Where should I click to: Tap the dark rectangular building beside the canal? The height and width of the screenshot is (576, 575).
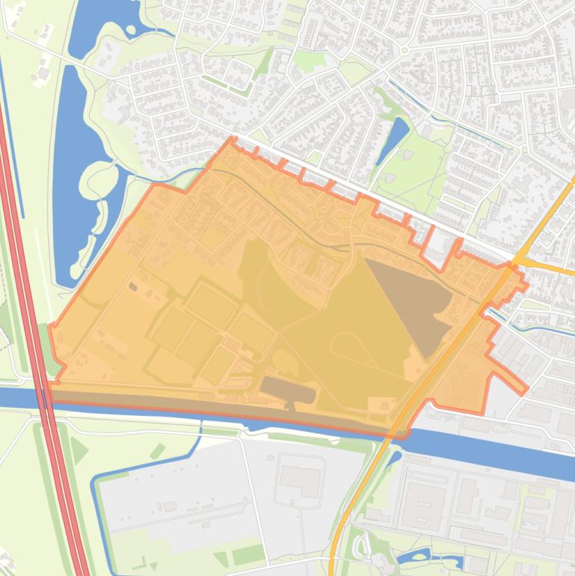coord(288,390)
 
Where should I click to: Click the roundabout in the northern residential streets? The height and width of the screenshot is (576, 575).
coord(405,50)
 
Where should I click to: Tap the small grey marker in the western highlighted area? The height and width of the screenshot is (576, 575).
coord(133,287)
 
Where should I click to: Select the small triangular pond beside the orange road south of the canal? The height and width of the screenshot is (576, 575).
coord(394,456)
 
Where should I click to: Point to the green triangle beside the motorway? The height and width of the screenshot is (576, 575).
coord(78,450)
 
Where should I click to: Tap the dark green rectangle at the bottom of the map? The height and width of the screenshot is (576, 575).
coord(247,555)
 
